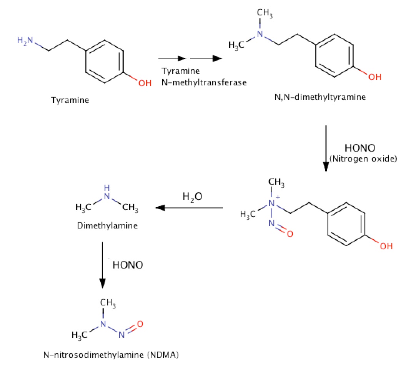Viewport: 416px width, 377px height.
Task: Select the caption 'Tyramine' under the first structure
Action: (x=70, y=100)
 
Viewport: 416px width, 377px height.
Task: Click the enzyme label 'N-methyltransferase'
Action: (x=204, y=82)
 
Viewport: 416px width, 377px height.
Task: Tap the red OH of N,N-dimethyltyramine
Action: (x=374, y=77)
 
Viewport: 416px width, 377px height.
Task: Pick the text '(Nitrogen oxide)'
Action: (x=363, y=158)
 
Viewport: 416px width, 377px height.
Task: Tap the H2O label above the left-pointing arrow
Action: (x=192, y=197)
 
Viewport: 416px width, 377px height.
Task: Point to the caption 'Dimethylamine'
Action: (x=107, y=226)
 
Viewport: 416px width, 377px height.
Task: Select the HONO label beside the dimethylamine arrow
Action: (x=128, y=265)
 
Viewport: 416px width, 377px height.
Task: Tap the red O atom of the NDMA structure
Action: (x=140, y=324)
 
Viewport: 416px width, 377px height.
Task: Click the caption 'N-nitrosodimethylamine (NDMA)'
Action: (x=111, y=355)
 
